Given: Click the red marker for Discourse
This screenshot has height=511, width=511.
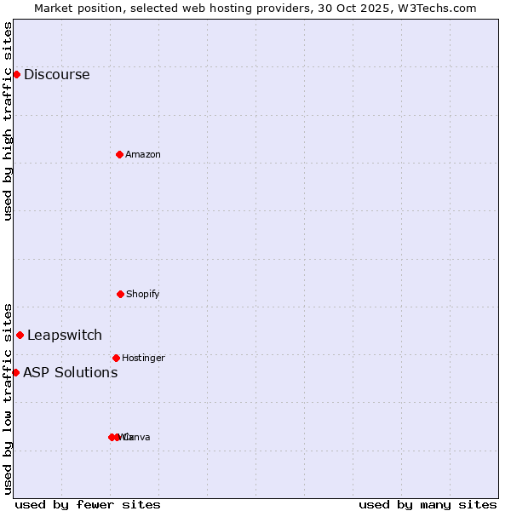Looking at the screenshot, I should [x=16, y=74].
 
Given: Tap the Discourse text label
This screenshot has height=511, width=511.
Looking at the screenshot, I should [x=56, y=74].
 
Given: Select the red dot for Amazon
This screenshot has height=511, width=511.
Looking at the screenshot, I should [x=119, y=154].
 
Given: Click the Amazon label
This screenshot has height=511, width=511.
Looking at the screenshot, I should [x=142, y=154].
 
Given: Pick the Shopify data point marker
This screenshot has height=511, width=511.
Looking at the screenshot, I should [x=120, y=294].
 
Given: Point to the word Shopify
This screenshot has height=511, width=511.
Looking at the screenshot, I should [x=142, y=294].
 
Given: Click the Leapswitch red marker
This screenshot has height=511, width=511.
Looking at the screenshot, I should [x=20, y=335].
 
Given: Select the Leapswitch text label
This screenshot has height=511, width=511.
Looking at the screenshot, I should [x=64, y=335].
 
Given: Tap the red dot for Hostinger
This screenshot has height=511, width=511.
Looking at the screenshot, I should [x=116, y=358].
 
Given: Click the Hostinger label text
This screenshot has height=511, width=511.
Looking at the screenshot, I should [x=143, y=358].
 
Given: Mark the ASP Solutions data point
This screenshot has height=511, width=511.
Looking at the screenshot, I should [x=15, y=372].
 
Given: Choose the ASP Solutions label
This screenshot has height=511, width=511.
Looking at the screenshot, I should [x=70, y=372].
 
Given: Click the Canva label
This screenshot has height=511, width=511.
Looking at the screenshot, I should [x=136, y=437].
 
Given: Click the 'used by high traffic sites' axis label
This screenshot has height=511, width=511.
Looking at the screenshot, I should [x=9, y=120].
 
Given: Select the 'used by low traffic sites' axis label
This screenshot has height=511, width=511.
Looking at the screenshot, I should [x=9, y=399].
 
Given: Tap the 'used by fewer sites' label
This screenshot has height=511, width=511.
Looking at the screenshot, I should [x=88, y=504].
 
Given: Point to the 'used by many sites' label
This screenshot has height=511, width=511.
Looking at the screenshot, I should [x=428, y=504].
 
